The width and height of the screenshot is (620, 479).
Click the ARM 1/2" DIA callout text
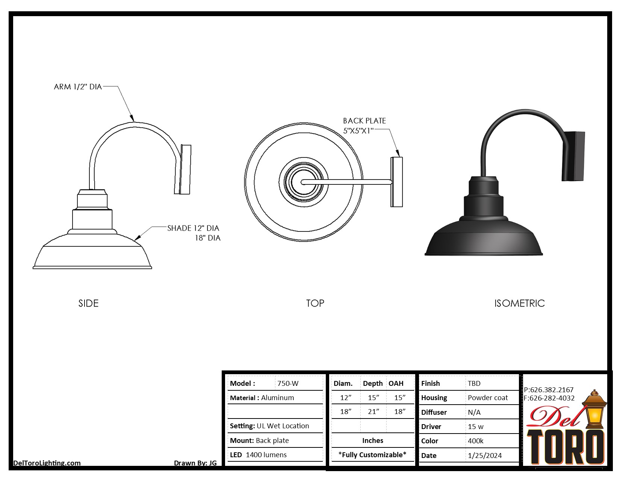78,87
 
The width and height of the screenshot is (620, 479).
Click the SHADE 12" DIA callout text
193,228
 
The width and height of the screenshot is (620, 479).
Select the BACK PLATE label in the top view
364,121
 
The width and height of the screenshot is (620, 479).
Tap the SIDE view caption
88,303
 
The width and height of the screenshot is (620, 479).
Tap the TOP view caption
315,303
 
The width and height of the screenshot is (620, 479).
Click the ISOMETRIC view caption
519,303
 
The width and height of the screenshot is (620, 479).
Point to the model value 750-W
288,384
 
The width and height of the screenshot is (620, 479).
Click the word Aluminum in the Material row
277,398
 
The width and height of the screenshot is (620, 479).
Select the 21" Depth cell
373,412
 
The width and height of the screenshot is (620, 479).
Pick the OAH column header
396,384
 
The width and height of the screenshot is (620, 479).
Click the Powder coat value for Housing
487,398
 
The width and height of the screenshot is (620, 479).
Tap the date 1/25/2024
485,456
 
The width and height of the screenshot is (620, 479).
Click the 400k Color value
475,441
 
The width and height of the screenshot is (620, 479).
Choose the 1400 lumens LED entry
266,455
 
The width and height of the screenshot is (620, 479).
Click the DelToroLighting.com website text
47,463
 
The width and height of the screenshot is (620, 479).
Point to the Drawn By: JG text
195,463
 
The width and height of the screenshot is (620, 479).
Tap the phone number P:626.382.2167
549,390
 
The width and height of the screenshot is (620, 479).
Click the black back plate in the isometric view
573,156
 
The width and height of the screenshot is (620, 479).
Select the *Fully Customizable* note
372,455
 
